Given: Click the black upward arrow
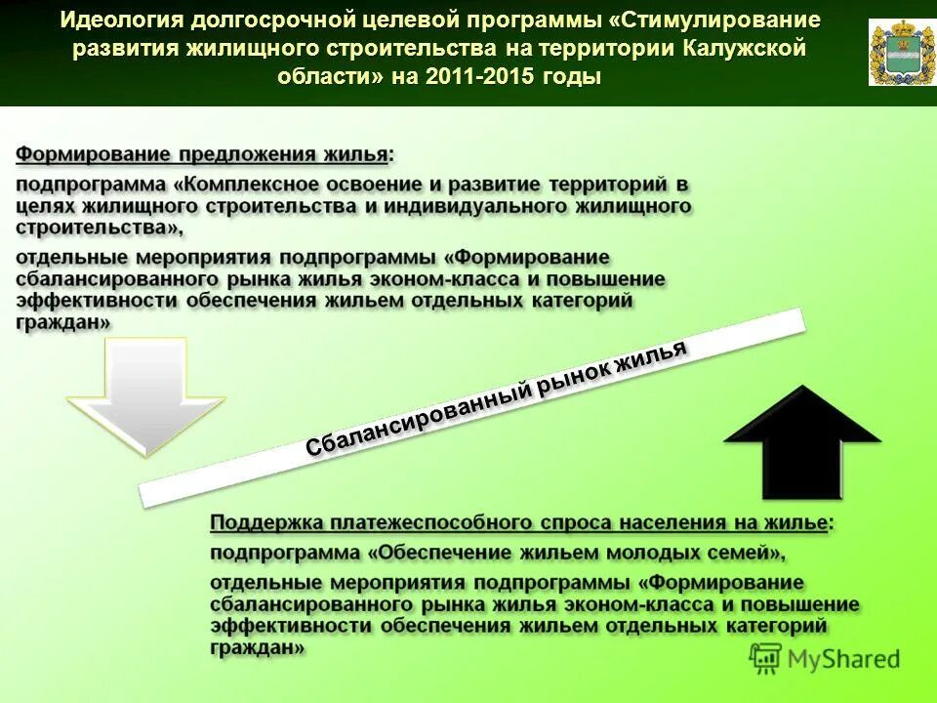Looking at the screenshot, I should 802,444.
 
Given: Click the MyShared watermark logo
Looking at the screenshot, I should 825,658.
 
